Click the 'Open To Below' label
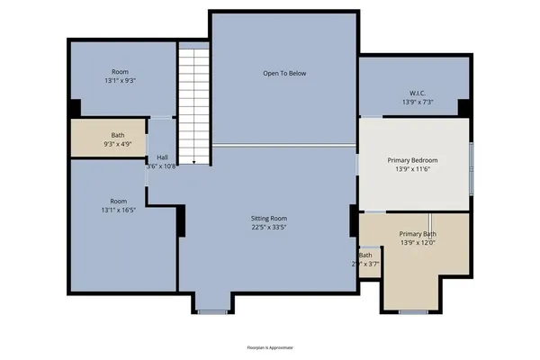(x=284, y=73)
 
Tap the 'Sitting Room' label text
(x=269, y=219)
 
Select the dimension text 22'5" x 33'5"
(x=269, y=228)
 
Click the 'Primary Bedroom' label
(x=414, y=160)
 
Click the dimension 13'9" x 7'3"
(x=418, y=102)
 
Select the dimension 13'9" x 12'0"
(x=418, y=243)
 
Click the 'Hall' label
(x=163, y=156)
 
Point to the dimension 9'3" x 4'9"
(x=118, y=143)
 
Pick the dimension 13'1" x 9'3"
(x=120, y=80)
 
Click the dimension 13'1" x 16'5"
(x=120, y=211)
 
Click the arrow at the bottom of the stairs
(x=194, y=161)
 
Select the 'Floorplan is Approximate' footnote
(x=270, y=346)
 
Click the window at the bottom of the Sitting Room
(x=212, y=311)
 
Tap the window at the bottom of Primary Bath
(x=413, y=311)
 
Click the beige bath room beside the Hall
(x=110, y=139)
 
